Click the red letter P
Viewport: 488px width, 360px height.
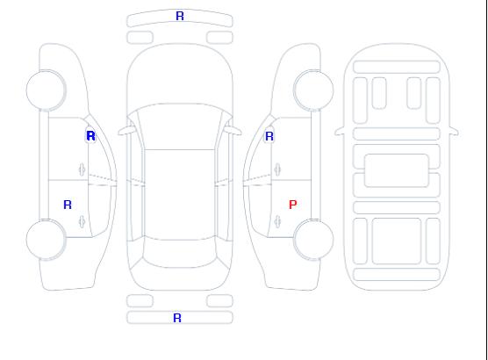pos(292,205)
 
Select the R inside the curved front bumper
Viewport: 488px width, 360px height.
pos(180,16)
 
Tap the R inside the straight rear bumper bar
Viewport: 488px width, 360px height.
pos(176,318)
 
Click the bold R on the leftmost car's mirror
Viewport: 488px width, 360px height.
pos(90,136)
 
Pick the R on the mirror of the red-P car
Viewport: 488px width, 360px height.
pos(269,136)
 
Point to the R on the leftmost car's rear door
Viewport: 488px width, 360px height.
pos(68,205)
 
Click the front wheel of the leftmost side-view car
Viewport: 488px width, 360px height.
pos(46,90)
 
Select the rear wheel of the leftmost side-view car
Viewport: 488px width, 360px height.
pos(46,240)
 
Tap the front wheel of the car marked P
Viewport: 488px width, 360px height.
pos(313,90)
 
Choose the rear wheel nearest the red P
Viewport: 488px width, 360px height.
pos(313,240)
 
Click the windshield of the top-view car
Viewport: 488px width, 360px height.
pos(180,126)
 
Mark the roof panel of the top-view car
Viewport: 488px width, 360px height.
pos(180,195)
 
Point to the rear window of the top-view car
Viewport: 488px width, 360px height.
pos(180,253)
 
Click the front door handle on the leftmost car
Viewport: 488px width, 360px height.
pos(82,169)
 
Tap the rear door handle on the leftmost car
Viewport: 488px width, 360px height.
pos(82,221)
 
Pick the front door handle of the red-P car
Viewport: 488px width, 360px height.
pos(277,169)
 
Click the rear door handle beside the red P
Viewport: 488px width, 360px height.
pos(277,221)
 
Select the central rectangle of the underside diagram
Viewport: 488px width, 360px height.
pos(397,170)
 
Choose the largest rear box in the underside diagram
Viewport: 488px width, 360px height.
pos(397,241)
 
